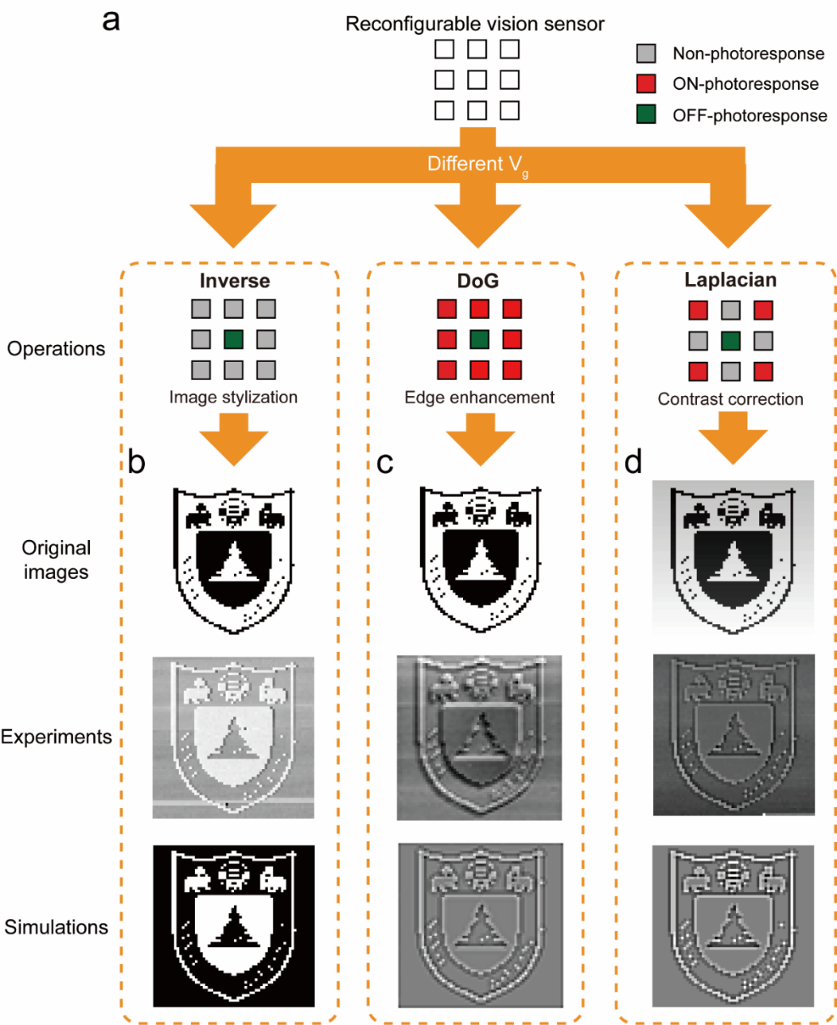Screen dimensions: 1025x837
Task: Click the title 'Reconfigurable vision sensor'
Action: pos(474,24)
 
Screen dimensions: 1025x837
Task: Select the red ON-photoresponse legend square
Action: pos(646,84)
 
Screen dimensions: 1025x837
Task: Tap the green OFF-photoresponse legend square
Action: pos(646,115)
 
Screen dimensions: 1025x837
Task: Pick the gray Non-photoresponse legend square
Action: pos(646,54)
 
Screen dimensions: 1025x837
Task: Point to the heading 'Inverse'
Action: pos(235,281)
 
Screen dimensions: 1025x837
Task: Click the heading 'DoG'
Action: pos(478,281)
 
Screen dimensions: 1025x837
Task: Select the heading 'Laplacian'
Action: pos(730,280)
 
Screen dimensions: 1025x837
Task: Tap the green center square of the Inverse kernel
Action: pos(233,339)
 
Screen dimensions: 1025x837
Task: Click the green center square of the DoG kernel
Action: pos(479,339)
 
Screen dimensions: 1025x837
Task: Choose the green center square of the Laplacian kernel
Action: pos(731,341)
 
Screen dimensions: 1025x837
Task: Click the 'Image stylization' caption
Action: pos(233,398)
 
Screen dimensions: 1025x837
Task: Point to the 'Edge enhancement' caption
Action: pos(479,398)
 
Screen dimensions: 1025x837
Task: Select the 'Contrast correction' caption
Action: pos(730,399)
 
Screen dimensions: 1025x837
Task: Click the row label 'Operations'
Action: pos(56,349)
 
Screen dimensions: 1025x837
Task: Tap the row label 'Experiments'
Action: pos(56,737)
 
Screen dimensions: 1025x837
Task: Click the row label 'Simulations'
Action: pos(56,927)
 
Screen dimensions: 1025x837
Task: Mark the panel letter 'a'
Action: pos(111,20)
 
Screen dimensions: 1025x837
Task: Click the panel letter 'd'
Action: pos(633,461)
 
